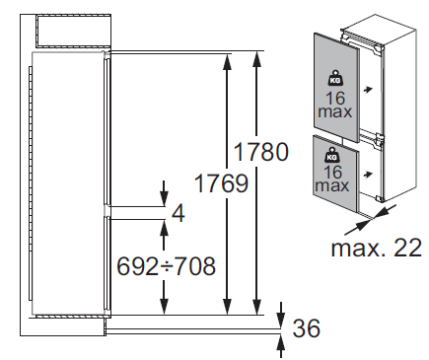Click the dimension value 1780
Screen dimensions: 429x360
[x=260, y=152]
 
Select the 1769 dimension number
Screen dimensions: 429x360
[x=221, y=183]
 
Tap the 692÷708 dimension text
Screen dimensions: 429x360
[x=167, y=266]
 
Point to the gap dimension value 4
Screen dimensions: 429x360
[x=179, y=213]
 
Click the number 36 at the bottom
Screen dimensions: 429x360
[x=307, y=328]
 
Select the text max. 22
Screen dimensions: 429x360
[x=376, y=248]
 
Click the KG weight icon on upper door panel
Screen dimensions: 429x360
[x=335, y=79]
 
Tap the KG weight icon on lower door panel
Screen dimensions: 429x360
[x=331, y=155]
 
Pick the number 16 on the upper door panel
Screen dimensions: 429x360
[x=335, y=99]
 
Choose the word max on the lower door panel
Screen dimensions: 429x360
[x=331, y=185]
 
